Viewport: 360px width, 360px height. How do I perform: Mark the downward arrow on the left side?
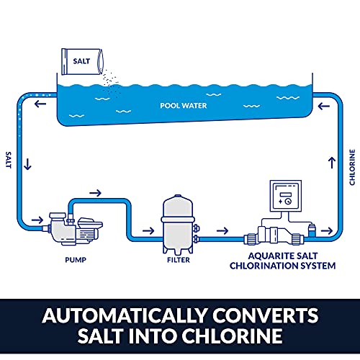coord(28,165)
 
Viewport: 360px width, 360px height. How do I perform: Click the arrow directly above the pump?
coord(94,192)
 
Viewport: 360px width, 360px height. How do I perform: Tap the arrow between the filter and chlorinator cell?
coord(224,232)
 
